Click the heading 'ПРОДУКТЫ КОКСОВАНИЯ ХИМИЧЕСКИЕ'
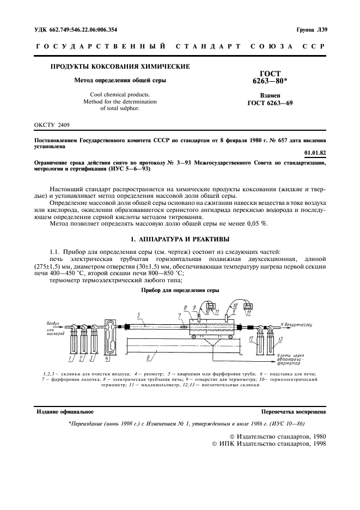pos(120,67)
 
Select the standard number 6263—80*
pos(270,82)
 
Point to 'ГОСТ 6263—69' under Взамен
pos(270,102)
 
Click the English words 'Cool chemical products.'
pos(120,94)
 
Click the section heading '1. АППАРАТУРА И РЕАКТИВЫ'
pos(180,239)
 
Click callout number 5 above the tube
pos(139,315)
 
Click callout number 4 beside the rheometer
pos(107,359)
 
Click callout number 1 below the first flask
pos(71,359)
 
